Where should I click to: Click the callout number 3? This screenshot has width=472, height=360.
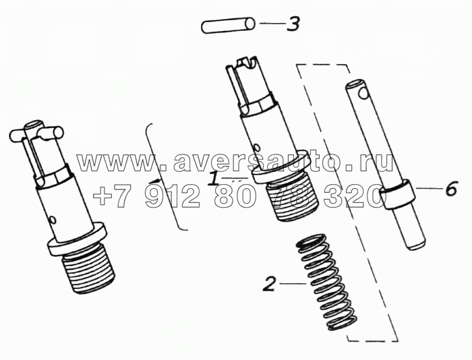pyautogui.click(x=293, y=24)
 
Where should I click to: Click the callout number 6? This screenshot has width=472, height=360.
pyautogui.click(x=450, y=189)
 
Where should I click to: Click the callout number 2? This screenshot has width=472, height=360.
pyautogui.click(x=269, y=284)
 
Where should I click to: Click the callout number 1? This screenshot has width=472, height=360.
pyautogui.click(x=214, y=178)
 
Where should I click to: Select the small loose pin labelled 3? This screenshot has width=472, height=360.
pyautogui.click(x=228, y=26)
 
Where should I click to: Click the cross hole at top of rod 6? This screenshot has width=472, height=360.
pyautogui.click(x=363, y=94)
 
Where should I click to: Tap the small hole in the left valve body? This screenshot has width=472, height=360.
pyautogui.click(x=53, y=220)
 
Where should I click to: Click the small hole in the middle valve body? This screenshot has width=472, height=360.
pyautogui.click(x=256, y=147)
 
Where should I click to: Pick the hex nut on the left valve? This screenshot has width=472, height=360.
pyautogui.click(x=54, y=177)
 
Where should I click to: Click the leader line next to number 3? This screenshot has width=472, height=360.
pyautogui.click(x=272, y=23)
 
